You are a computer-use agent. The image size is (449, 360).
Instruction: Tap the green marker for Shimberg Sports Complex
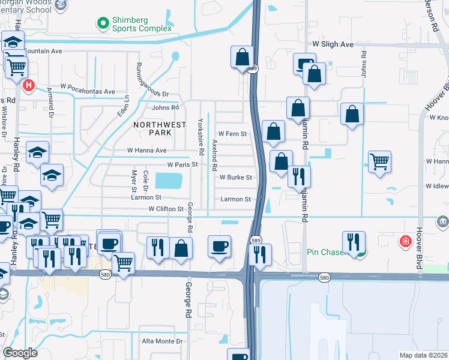point(103,23)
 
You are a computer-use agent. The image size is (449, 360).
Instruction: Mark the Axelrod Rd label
point(214,155)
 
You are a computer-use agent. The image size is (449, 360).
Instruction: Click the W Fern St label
point(232,134)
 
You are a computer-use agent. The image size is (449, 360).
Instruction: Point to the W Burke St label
point(235,178)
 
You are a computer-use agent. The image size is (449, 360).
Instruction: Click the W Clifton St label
point(166,209)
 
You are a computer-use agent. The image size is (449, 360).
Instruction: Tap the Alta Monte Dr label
point(161,341)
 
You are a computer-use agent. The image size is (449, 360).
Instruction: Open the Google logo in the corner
point(20,352)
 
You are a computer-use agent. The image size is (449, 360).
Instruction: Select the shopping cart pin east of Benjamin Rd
point(379,161)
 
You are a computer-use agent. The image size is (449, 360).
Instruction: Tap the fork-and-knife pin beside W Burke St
point(298,176)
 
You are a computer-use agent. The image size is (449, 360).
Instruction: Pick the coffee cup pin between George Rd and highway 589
point(220,245)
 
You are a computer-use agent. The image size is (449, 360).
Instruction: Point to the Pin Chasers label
point(327,253)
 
